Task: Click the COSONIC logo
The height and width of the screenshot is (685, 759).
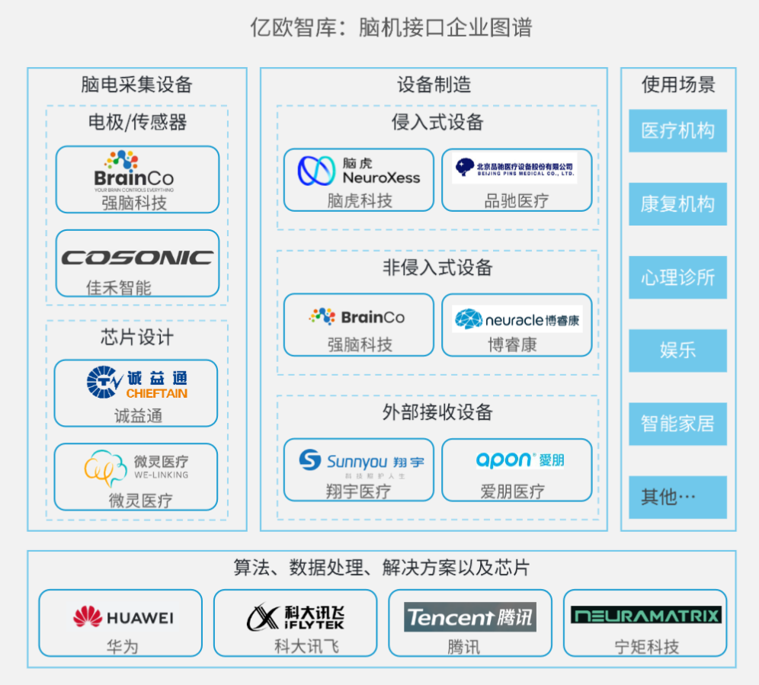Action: (137, 258)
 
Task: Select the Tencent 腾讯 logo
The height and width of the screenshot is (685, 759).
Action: (469, 616)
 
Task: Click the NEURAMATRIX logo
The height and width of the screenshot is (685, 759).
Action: (645, 615)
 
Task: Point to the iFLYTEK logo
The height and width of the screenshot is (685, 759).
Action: (296, 616)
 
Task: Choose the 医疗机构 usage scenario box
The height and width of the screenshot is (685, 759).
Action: (677, 131)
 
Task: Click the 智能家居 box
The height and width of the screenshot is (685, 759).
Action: (677, 424)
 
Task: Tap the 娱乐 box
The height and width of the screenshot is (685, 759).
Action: (677, 351)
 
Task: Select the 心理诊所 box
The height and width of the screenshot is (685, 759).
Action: (677, 277)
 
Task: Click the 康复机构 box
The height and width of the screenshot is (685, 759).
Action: (677, 204)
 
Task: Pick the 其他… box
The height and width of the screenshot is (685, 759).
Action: (677, 497)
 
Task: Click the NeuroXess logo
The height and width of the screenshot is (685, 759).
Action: (358, 171)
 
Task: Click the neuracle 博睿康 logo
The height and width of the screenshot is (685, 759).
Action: (517, 320)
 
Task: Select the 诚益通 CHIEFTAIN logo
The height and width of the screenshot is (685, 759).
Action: (136, 383)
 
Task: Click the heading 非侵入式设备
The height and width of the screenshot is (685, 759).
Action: (437, 267)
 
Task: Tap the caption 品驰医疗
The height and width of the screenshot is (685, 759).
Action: (517, 201)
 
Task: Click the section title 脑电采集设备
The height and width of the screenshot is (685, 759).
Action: (137, 85)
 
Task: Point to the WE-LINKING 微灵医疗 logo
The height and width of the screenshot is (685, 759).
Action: (136, 468)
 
